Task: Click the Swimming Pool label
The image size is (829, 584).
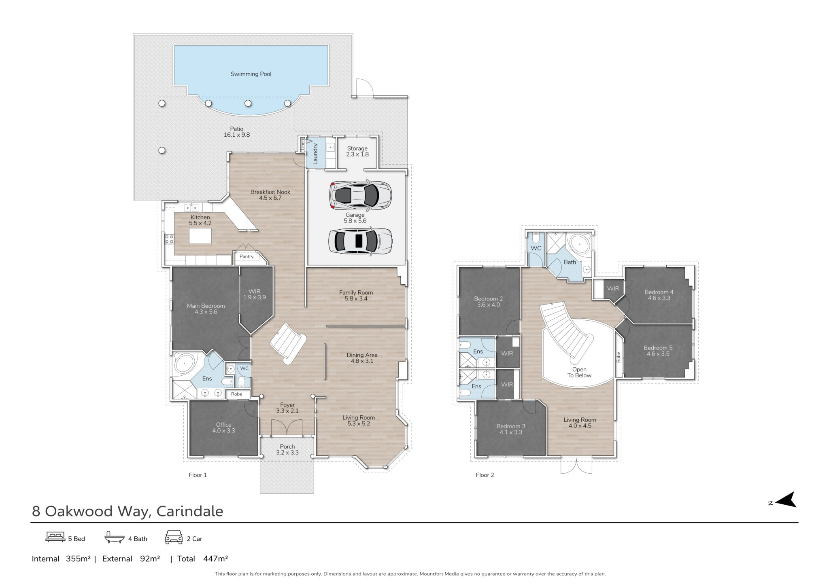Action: (x=251, y=74)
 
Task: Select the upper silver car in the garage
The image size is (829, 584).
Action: (x=360, y=196)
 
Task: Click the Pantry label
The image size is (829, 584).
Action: (x=247, y=256)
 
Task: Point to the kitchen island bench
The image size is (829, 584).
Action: (x=200, y=236)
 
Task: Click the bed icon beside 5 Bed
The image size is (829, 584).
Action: (x=55, y=537)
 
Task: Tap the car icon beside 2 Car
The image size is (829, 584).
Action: (x=174, y=537)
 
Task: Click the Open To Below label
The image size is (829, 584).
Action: (x=579, y=372)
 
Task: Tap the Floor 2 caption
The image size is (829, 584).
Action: (x=485, y=475)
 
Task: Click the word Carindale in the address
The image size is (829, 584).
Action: (x=190, y=512)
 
